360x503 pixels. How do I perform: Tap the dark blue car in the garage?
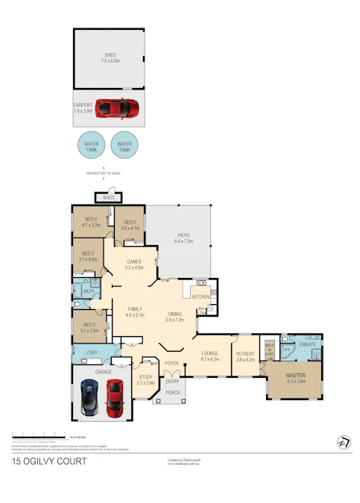[x=89, y=397]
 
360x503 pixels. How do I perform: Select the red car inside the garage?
[x=114, y=398]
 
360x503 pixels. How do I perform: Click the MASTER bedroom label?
[x=297, y=379]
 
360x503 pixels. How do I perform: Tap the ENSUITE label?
[x=307, y=344]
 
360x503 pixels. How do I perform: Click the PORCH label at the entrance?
[x=172, y=393]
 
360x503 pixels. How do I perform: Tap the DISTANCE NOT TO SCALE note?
[x=103, y=173]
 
